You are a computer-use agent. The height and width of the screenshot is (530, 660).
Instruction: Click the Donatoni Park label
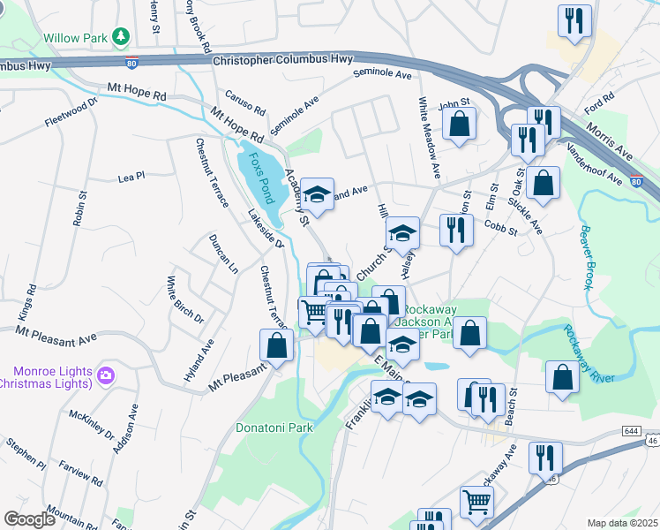point(274,428)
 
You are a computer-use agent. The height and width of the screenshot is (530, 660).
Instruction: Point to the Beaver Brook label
point(588,257)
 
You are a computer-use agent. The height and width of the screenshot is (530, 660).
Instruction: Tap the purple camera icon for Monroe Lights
point(107,376)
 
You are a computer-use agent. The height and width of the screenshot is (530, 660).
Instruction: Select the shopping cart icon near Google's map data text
point(476,502)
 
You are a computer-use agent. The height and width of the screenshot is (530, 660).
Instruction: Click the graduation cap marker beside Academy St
point(317,193)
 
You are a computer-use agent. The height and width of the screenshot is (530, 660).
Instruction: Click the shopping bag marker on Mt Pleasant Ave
point(277,346)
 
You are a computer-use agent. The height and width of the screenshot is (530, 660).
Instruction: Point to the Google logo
point(30,519)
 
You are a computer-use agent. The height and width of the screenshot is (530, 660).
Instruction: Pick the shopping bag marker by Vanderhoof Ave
point(544,184)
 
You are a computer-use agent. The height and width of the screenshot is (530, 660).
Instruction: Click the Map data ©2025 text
point(622,523)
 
